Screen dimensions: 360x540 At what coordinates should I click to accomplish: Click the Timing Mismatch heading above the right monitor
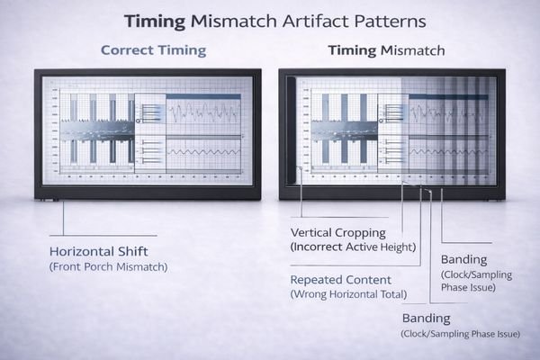pos(386,50)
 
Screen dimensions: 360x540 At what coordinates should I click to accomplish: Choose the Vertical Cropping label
pos(335,230)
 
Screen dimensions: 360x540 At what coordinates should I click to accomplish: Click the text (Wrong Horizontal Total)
pos(348,294)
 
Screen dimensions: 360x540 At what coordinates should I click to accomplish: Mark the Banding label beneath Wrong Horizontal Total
pos(426,319)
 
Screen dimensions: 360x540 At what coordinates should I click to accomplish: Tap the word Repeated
pos(315,278)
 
